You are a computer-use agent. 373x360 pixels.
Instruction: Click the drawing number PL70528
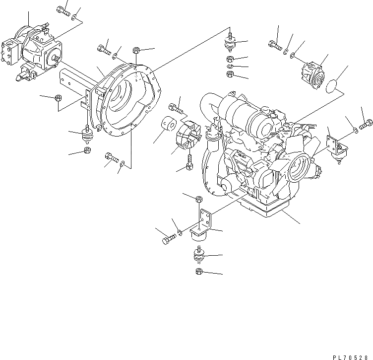click(x=351, y=355)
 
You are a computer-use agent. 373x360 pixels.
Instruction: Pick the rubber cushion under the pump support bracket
click(x=88, y=136)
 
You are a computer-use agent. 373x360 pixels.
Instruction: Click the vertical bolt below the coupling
click(x=189, y=162)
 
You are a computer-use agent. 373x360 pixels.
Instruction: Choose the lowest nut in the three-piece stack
click(x=230, y=74)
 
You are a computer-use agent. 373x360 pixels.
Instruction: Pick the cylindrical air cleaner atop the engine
click(x=248, y=117)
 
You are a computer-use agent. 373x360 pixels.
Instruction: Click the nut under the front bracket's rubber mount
click(x=198, y=271)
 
